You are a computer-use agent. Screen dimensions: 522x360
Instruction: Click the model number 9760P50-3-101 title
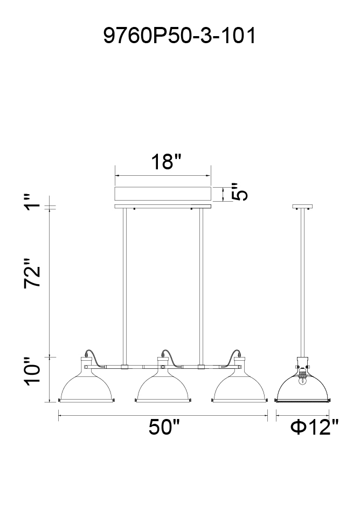pyautogui.click(x=179, y=36)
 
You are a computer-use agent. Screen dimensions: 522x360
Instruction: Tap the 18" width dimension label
pyautogui.click(x=163, y=161)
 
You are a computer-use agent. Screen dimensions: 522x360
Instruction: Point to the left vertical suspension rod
pyautogui.click(x=124, y=286)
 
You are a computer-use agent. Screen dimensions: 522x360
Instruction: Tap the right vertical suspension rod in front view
pyautogui.click(x=202, y=286)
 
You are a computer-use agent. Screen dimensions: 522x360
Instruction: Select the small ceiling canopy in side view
pyautogui.click(x=302, y=207)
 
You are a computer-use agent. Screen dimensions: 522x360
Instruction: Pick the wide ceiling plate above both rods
pyautogui.click(x=163, y=207)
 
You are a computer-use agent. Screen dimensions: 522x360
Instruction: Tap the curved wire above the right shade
pyautogui.click(x=235, y=355)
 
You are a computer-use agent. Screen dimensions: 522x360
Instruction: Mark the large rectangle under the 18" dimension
pyautogui.click(x=163, y=194)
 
